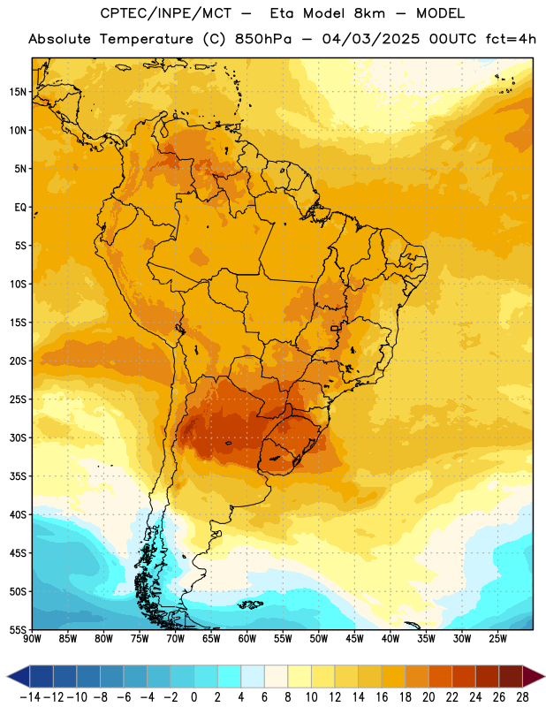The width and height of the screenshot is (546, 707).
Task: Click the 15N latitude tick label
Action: pyautogui.click(x=19, y=92)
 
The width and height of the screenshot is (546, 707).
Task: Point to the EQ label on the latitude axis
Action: pyautogui.click(x=21, y=208)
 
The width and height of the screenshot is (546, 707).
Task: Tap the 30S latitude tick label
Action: pyautogui.click(x=19, y=437)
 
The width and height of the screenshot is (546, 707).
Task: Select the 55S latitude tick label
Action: pyautogui.click(x=19, y=630)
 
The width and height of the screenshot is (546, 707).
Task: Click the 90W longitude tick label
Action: pyautogui.click(x=32, y=639)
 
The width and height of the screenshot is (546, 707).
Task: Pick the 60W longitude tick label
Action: pyautogui.click(x=247, y=639)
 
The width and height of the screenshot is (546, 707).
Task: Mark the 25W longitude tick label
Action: pyautogui.click(x=497, y=639)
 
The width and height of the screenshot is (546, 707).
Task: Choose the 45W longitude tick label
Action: pyautogui.click(x=354, y=639)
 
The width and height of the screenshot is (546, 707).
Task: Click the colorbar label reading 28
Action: pyautogui.click(x=522, y=697)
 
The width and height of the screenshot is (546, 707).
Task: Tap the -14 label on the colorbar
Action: pyautogui.click(x=30, y=697)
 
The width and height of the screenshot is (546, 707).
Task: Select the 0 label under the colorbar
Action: pyautogui.click(x=193, y=697)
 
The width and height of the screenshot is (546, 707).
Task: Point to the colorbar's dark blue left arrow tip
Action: pyautogui.click(x=7, y=676)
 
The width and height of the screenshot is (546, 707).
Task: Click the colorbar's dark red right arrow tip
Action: pyautogui.click(x=544, y=676)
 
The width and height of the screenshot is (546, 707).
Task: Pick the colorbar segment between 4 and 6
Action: pyautogui.click(x=253, y=676)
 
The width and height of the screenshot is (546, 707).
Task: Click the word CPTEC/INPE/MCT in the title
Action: pyautogui.click(x=165, y=13)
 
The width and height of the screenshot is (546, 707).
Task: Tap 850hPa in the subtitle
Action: pyautogui.click(x=263, y=39)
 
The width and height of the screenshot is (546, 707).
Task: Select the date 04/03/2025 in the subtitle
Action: pyautogui.click(x=370, y=39)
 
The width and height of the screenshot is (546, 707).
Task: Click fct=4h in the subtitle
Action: pyautogui.click(x=511, y=39)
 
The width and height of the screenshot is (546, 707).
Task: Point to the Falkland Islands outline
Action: pyautogui.click(x=251, y=604)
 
